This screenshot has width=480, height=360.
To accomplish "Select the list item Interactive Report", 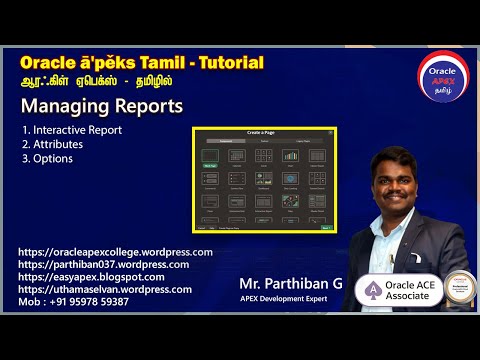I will pyautogui.click(x=72, y=130).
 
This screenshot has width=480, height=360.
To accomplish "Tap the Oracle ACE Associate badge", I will pyautogui.click(x=398, y=289).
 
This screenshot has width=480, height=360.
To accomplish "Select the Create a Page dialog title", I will pyautogui.click(x=264, y=133).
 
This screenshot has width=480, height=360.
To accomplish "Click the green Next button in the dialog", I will pyautogui.click(x=326, y=227).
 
